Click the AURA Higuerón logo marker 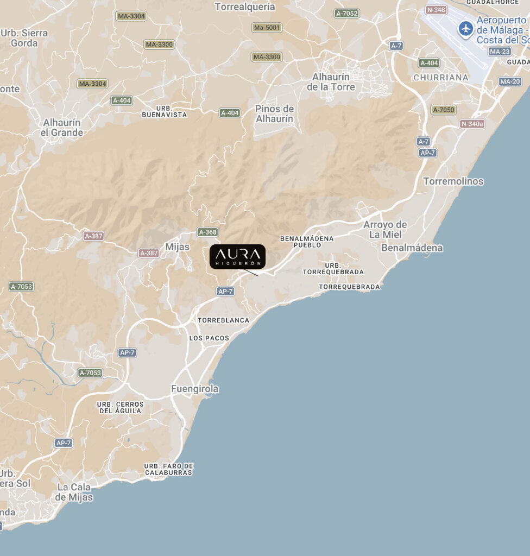[x=237, y=256]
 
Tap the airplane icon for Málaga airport [x=465, y=28]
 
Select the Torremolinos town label [x=453, y=181]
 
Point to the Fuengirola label [x=195, y=389]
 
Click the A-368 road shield [x=207, y=232]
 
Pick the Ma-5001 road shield [x=267, y=27]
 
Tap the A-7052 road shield [x=346, y=13]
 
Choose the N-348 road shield [x=437, y=10]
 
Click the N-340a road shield [x=472, y=124]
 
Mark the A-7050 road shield [x=443, y=110]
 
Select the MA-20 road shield [x=510, y=81]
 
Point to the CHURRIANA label [x=440, y=77]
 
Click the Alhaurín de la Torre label [x=331, y=82]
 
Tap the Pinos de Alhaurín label [x=274, y=114]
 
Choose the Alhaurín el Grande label [x=63, y=128]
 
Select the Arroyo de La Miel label [x=385, y=230]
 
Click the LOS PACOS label [x=209, y=338]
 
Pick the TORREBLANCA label [x=223, y=320]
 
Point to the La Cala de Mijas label [x=74, y=492]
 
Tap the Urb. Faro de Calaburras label [x=168, y=469]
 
